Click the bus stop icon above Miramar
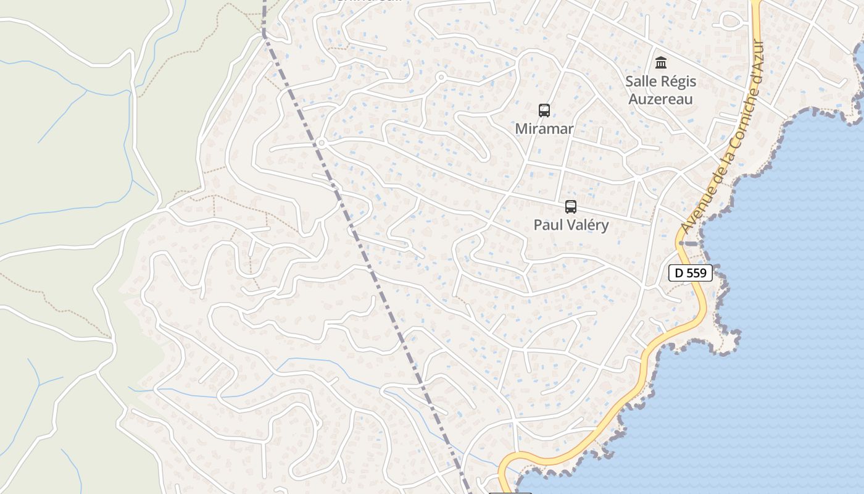(544, 111)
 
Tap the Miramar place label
(544, 129)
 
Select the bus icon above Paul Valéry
(571, 207)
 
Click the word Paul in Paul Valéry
(547, 225)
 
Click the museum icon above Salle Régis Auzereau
(661, 63)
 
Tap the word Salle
(639, 82)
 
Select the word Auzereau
(660, 99)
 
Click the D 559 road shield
(691, 273)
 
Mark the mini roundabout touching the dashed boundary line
(322, 143)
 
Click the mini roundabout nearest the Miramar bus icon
(441, 77)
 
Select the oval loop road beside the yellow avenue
(731, 22)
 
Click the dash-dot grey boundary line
(370, 266)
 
